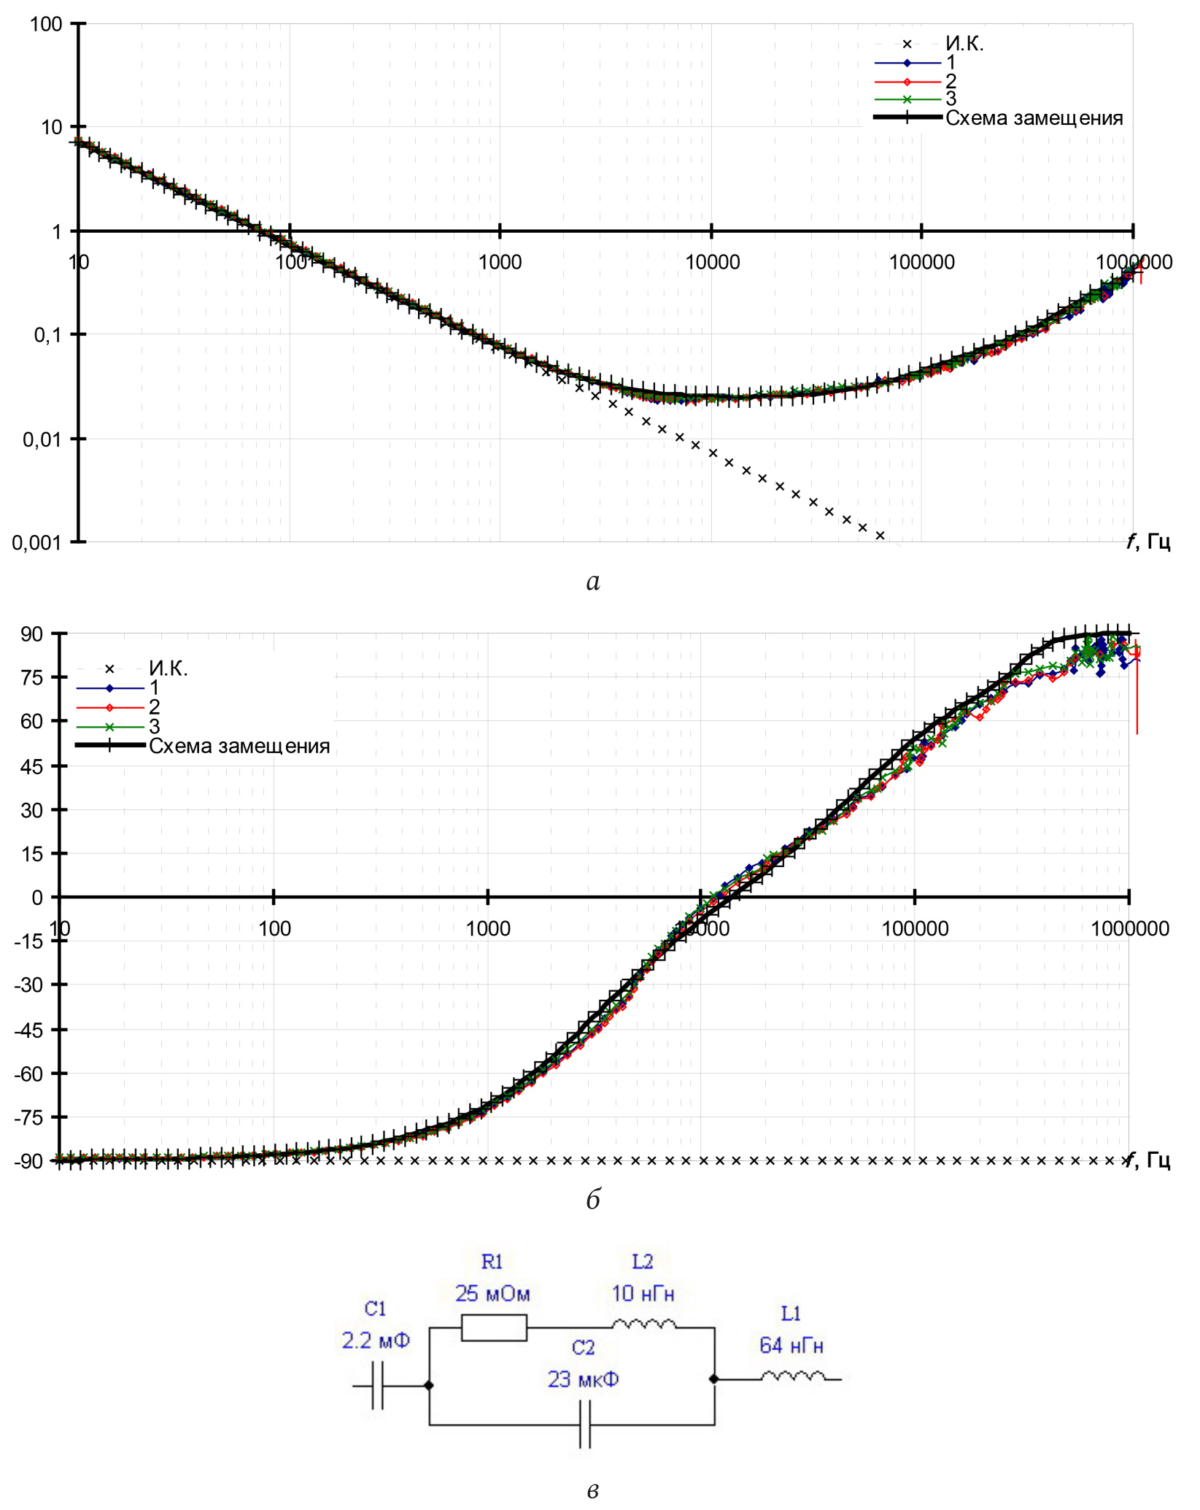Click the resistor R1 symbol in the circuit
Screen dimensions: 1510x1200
click(494, 1328)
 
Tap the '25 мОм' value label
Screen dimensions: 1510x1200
click(492, 1294)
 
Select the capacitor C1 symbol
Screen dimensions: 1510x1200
click(377, 1385)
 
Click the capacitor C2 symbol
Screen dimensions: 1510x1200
click(584, 1424)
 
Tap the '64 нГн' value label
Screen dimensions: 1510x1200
click(791, 1345)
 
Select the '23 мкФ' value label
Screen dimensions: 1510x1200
click(584, 1379)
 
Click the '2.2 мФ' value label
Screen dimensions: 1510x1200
click(376, 1341)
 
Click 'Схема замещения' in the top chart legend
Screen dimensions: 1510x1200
click(1034, 118)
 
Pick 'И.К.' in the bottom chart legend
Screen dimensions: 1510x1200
click(168, 668)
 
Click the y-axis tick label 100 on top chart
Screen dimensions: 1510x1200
click(45, 24)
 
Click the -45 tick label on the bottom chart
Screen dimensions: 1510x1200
click(29, 1030)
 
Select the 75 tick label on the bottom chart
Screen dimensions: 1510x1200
click(31, 677)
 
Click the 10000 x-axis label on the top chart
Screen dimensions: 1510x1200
click(712, 262)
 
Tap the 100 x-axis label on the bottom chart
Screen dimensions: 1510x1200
click(274, 929)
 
